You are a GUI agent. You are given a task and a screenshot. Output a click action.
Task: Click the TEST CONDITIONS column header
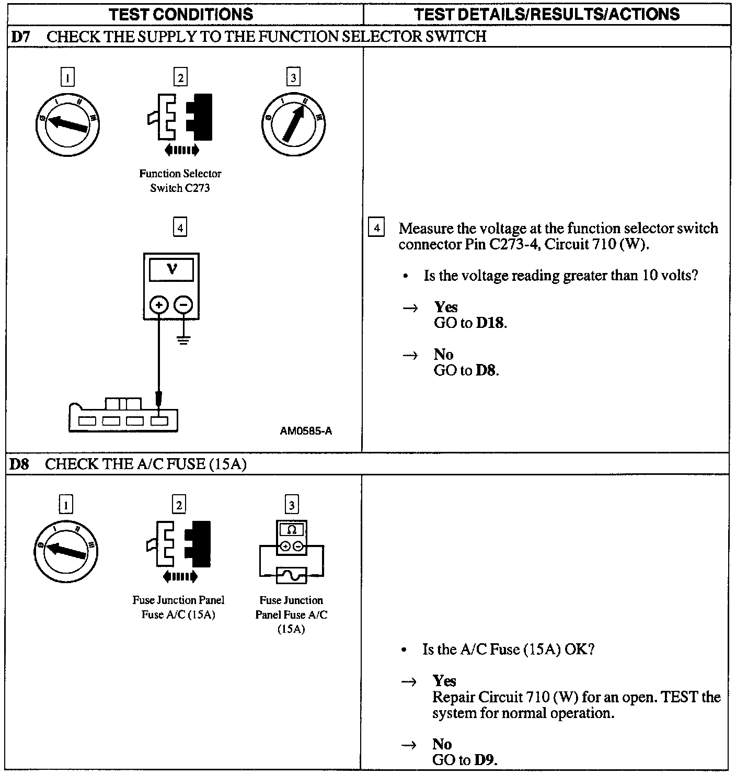tap(181, 14)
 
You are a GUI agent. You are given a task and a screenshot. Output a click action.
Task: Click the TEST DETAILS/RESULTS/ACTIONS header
tap(546, 14)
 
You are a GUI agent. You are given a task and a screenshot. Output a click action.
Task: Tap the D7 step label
tap(20, 36)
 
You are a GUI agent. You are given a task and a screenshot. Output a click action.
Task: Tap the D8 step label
tap(19, 464)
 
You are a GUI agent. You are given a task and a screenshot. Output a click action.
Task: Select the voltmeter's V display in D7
tap(171, 270)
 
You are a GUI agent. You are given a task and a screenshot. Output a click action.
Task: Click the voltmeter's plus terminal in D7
tap(159, 304)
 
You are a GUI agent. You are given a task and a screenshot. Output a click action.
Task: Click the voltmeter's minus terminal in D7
tap(183, 304)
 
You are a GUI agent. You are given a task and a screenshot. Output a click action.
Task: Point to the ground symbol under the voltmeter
tap(183, 340)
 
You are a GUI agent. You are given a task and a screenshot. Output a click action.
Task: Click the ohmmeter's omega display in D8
tap(292, 530)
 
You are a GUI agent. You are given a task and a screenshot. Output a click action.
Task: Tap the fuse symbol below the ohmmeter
tap(291, 575)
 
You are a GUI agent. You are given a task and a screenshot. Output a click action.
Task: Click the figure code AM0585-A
tap(306, 431)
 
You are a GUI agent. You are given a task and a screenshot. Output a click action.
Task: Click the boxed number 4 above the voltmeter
tap(180, 228)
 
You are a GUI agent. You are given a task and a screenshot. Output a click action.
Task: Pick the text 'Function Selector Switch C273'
tap(180, 180)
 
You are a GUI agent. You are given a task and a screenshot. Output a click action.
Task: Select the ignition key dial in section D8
tap(66, 551)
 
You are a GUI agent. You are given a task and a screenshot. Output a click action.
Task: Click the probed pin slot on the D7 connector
tap(159, 420)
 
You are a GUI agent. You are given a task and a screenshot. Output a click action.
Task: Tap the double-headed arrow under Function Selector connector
tap(181, 151)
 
